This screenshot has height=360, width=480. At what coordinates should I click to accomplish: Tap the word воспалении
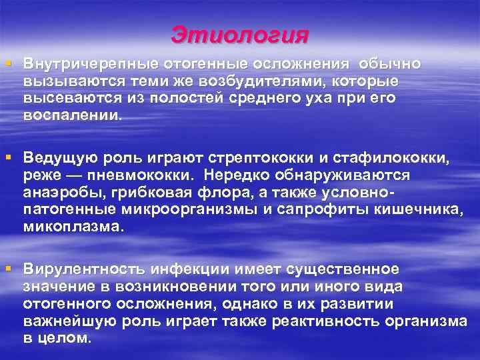(73, 114)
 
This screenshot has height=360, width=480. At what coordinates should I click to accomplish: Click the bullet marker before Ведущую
(8, 157)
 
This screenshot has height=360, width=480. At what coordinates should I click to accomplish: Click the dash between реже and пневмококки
(69, 175)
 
